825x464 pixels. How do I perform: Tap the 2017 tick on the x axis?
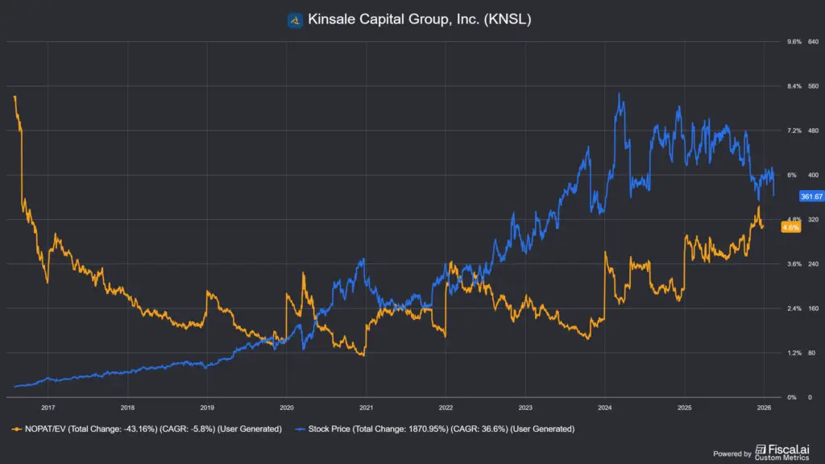point(48,408)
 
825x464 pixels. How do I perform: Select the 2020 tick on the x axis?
point(287,408)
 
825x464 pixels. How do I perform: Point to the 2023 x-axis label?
point(526,408)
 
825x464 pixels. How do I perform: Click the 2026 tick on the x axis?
point(765,408)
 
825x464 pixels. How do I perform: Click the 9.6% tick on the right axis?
point(794,42)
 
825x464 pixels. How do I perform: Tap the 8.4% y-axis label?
point(794,86)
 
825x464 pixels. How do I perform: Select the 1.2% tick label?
point(794,353)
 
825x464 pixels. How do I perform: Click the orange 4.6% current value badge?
point(791,228)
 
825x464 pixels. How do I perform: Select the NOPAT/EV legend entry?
point(150,429)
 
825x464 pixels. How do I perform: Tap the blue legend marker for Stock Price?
point(301,429)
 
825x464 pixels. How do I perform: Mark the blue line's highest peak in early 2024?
point(619,93)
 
